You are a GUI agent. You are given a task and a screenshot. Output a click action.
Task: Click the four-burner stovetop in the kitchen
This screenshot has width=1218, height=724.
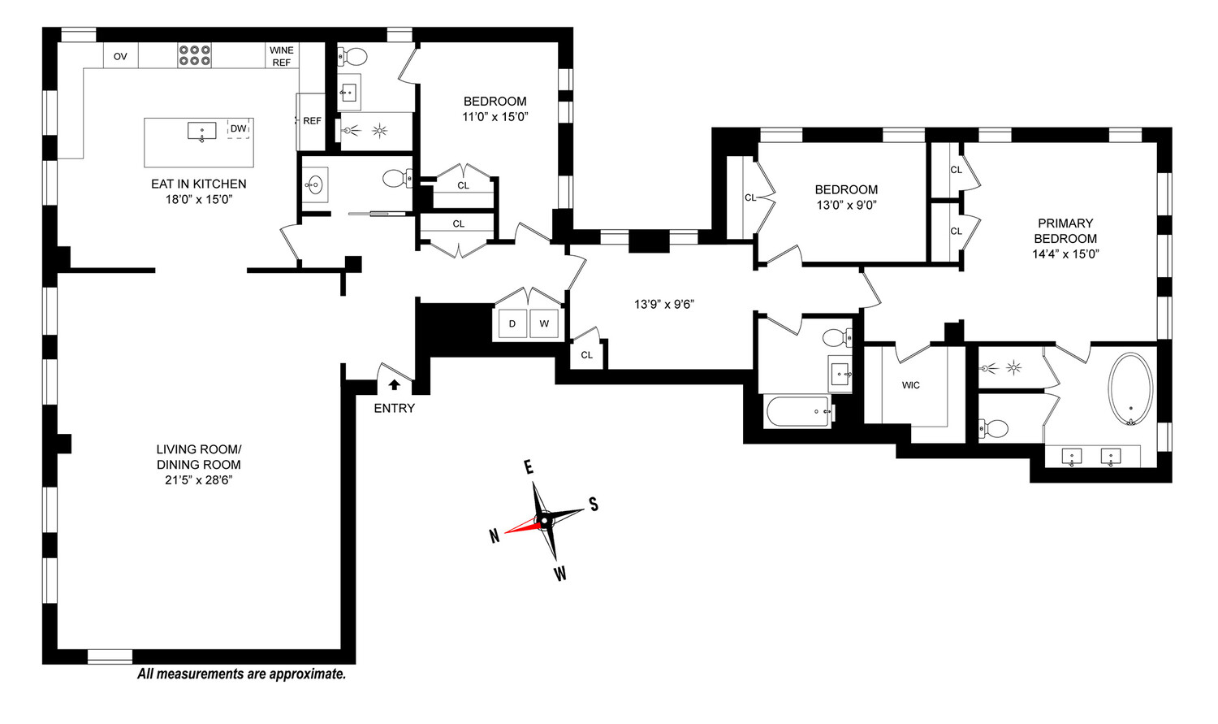pos(195,55)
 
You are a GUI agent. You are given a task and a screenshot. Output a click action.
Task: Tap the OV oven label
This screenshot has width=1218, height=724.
pos(120,56)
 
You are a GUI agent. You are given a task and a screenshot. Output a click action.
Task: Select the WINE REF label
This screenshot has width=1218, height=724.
pos(281,56)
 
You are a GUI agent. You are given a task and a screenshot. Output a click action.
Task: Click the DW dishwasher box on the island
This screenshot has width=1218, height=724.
pos(238,129)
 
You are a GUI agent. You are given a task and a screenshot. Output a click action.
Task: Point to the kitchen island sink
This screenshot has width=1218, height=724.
pos(201,132)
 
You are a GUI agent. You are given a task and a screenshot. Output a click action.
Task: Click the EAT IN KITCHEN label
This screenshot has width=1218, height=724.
pos(198,184)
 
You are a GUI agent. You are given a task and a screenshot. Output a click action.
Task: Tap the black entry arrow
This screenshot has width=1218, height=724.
pos(395,385)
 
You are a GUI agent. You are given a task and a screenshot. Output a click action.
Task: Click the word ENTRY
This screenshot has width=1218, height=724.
pos(394,409)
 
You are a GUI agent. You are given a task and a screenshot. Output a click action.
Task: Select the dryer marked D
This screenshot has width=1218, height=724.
pos(512,324)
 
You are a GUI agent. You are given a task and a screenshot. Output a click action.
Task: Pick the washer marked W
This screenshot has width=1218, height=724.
pos(544,324)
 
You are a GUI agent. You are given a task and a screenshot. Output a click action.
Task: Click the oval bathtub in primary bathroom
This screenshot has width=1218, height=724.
pos(1130,388)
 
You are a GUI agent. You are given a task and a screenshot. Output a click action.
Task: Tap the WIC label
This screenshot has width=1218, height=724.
pos(910,385)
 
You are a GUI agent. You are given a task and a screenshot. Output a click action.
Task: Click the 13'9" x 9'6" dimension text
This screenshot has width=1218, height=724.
pos(664,305)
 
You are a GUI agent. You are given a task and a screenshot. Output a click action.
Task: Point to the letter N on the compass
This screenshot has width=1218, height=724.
pos(494,536)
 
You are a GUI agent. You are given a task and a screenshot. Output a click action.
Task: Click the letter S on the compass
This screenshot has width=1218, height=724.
pos(594,505)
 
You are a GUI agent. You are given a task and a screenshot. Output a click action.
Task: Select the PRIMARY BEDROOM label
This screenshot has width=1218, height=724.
pos(1065,231)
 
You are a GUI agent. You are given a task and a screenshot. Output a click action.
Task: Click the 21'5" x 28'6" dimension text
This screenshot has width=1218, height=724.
pos(199,480)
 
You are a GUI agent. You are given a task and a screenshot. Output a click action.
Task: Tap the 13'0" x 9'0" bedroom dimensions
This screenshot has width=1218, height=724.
pos(846,205)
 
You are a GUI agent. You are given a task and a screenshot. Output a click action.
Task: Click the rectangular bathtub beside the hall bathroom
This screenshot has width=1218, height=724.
pos(798,412)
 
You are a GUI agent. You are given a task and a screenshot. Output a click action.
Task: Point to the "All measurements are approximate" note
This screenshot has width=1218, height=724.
pos(241,674)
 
